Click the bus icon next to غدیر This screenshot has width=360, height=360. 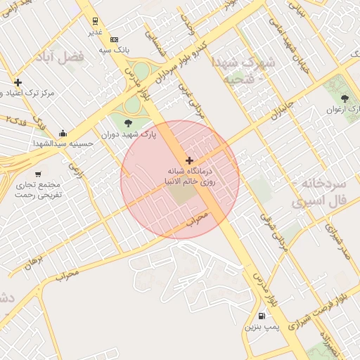pos(95,22)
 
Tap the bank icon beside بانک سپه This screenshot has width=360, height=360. pos(114,39)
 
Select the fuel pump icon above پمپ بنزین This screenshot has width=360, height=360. pos(262,316)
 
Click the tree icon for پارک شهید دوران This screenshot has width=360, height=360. pos(127,124)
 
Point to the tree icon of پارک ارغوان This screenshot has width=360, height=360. pos(344,98)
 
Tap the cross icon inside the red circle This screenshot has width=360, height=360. pos(188,161)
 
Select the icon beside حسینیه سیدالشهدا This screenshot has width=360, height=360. pos(63,134)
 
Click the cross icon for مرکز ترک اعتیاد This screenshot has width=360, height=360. pos(18,82)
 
